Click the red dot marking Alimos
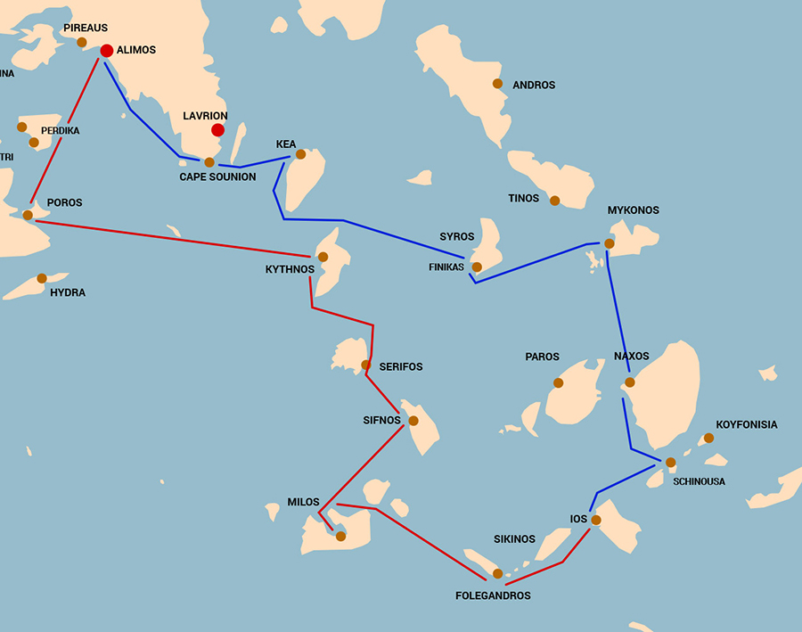pyautogui.click(x=107, y=51)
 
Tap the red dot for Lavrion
pyautogui.click(x=217, y=130)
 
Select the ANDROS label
pyautogui.click(x=534, y=86)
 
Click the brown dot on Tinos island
pyautogui.click(x=555, y=201)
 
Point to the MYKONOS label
pyautogui.click(x=633, y=210)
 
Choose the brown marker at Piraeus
pyautogui.click(x=82, y=42)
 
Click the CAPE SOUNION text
pyautogui.click(x=217, y=176)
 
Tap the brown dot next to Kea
pyautogui.click(x=300, y=154)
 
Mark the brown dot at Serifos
pyautogui.click(x=365, y=365)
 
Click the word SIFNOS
pyautogui.click(x=382, y=419)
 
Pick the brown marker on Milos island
pyautogui.click(x=340, y=536)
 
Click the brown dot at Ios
pyautogui.click(x=596, y=520)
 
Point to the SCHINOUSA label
pyautogui.click(x=700, y=481)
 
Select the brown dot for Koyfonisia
pyautogui.click(x=708, y=438)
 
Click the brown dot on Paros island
pyautogui.click(x=559, y=383)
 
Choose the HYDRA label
pyautogui.click(x=68, y=292)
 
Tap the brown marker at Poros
pyautogui.click(x=28, y=215)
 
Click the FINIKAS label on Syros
pyautogui.click(x=448, y=267)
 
